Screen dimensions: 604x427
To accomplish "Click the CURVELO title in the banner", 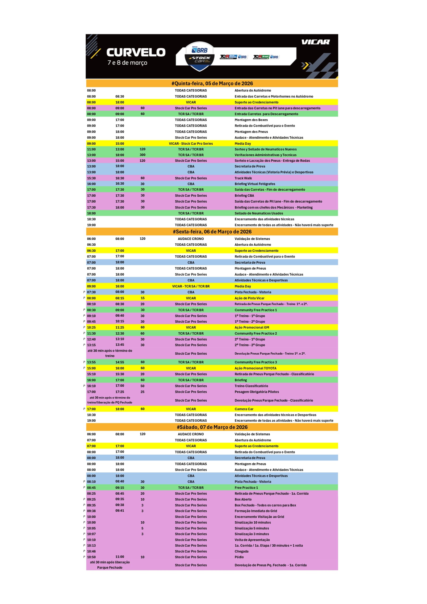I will tap(136, 52).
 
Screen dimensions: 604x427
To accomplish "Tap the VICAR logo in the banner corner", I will tap(315, 42).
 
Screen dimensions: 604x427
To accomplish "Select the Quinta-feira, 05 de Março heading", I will tap(212, 83).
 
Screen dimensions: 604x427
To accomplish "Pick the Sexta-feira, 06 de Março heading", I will tap(212, 232).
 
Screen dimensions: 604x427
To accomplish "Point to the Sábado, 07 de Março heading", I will tap(212, 427).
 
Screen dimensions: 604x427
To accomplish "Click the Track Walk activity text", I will tap(243, 178).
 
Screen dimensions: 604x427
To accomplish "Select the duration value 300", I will tap(142, 155).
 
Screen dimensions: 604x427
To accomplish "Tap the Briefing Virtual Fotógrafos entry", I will tap(255, 184).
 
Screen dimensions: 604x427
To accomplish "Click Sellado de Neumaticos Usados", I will tap(259, 213).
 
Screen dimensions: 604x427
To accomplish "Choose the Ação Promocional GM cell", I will tap(252, 327).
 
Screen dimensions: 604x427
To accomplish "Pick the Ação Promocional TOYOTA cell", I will tap(255, 368).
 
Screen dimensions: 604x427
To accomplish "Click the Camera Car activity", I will tap(244, 409).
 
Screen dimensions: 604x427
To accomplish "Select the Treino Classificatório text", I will tap(251, 386).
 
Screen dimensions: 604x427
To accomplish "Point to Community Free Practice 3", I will tap(256, 362).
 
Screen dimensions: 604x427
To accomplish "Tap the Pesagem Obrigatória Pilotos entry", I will tap(256, 392).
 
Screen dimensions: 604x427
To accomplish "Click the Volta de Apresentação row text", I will tap(252, 540).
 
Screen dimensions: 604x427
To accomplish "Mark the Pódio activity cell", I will tap(239, 557).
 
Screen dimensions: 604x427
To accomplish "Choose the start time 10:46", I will tap(91, 551).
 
